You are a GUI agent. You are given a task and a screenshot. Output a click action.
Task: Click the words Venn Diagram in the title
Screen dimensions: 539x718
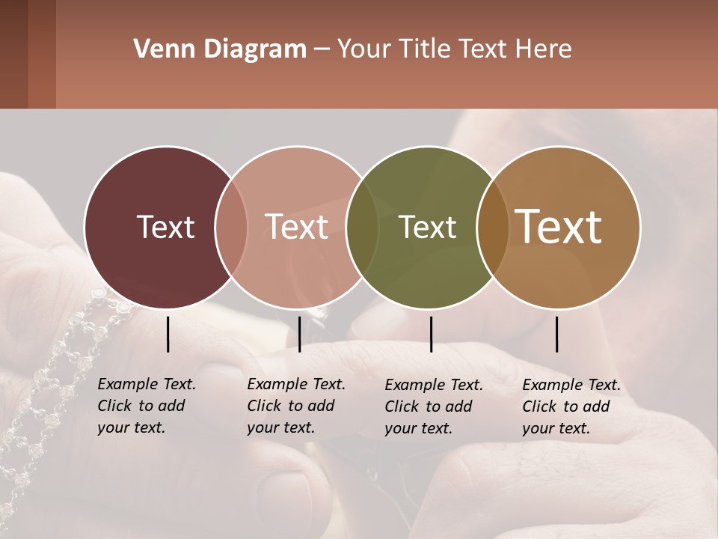point(220,49)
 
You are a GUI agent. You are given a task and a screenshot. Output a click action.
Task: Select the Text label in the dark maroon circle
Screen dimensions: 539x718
point(165,227)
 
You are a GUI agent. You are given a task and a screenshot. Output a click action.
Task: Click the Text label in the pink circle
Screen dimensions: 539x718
point(296,227)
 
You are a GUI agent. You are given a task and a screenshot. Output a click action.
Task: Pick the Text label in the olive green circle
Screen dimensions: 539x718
point(428,227)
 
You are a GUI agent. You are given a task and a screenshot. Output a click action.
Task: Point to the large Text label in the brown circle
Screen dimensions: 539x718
point(559,227)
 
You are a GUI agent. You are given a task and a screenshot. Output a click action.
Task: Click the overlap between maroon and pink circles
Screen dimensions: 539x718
point(231,227)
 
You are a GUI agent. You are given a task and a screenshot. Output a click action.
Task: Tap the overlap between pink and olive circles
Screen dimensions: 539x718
point(363,227)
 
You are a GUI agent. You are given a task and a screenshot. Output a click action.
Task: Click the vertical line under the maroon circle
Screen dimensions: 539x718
point(168,334)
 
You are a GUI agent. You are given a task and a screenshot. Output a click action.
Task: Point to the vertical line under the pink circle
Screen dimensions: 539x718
point(299,334)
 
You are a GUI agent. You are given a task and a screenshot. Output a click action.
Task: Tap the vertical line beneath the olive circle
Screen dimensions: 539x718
point(432,334)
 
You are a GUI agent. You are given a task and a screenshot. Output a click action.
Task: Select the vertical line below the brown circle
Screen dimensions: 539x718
point(557,334)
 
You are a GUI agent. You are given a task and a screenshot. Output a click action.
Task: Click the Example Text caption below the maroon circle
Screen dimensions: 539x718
point(146,406)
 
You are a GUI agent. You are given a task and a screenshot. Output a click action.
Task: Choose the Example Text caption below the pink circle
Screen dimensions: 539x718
point(295,406)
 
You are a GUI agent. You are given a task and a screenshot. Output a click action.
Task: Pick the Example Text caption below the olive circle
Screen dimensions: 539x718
point(433,406)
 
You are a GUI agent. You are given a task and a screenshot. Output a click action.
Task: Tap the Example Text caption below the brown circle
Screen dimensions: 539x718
point(571,406)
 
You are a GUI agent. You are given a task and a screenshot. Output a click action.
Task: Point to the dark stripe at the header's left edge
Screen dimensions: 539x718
point(13,54)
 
